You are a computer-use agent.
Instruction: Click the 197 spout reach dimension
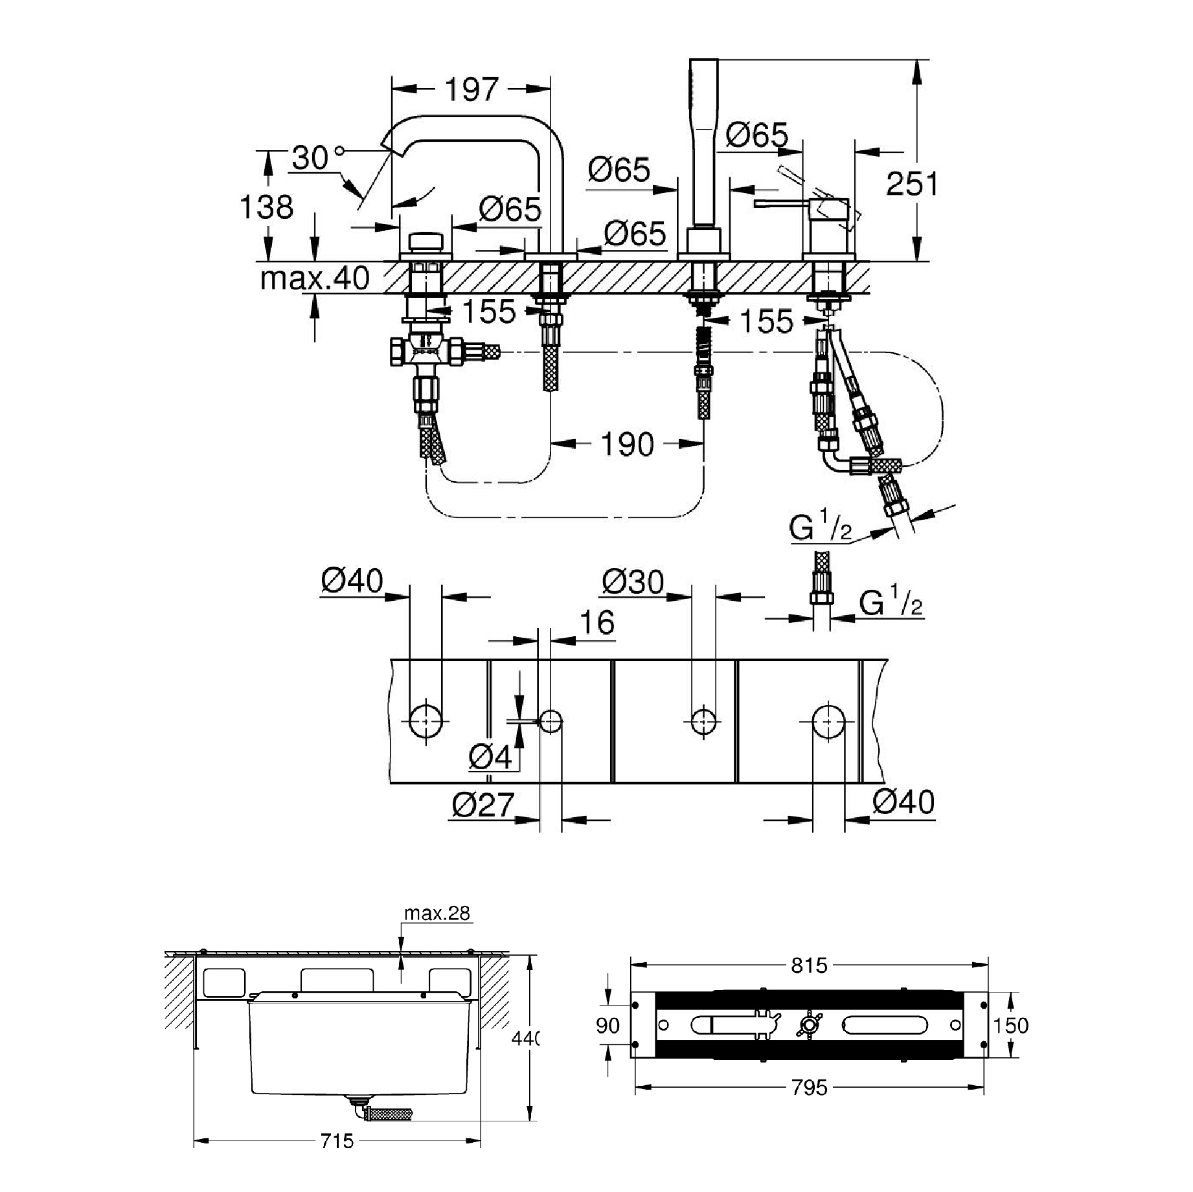click(472, 90)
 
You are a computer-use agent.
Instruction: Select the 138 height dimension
click(266, 207)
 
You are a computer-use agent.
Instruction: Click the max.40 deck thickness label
click(315, 278)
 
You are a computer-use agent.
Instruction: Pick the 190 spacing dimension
click(627, 444)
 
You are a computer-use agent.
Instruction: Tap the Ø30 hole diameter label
click(633, 582)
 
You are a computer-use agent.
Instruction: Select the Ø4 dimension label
click(490, 756)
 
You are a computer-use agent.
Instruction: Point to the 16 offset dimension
click(596, 623)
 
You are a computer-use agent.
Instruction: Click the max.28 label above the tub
click(437, 913)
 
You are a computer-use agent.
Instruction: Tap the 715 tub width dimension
click(337, 1158)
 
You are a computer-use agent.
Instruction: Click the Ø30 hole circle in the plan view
click(704, 720)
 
